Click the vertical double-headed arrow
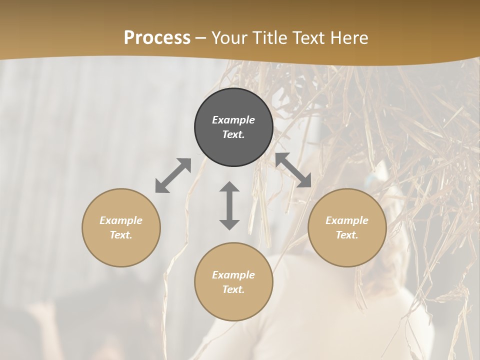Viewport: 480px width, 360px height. [229, 205]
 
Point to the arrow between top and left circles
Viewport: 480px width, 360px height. [173, 175]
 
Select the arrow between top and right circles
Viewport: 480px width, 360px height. [293, 170]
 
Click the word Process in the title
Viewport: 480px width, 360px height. [157, 37]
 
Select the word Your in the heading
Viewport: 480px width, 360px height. [229, 37]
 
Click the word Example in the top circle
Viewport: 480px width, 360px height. [233, 120]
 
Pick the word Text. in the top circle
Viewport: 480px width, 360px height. [233, 134]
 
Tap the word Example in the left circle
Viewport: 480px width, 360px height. [121, 220]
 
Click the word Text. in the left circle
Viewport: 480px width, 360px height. [121, 235]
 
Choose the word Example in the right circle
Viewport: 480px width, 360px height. [347, 220]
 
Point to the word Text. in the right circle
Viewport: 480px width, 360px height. [347, 235]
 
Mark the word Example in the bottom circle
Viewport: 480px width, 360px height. [233, 275]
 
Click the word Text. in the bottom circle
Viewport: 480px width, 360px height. [233, 289]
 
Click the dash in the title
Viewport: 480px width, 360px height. [201, 38]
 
